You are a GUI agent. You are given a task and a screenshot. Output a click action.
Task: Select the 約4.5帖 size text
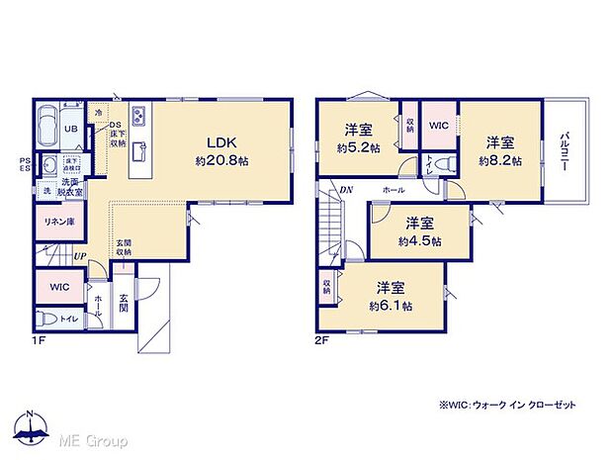(x=420, y=239)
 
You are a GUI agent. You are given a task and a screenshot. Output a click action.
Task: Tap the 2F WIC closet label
(x=439, y=127)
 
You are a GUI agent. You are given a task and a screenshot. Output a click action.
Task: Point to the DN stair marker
(x=347, y=190)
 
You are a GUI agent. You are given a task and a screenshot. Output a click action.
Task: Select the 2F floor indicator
(x=322, y=339)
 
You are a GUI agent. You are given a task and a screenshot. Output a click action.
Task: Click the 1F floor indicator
(x=37, y=339)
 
